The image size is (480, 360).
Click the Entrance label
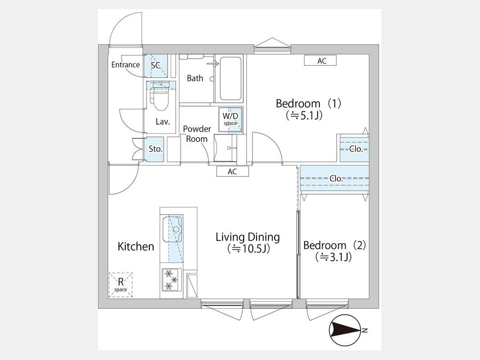125,65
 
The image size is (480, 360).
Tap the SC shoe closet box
156,66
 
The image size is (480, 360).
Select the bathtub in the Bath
230,78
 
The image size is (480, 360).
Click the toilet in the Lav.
161,97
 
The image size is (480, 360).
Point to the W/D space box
230,119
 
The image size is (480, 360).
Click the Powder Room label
197,134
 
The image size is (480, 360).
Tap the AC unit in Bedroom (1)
320,61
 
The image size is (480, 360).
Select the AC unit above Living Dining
233,171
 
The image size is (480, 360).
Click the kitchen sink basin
172,229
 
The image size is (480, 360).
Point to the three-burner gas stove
171,279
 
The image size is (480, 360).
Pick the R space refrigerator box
121,285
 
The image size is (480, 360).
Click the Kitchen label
136,246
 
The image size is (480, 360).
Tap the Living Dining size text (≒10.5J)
248,249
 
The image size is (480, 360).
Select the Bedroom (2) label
334,245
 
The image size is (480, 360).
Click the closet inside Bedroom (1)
355,149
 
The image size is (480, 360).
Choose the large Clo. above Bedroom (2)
334,179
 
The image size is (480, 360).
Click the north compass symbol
345,330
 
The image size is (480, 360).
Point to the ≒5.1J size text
303,115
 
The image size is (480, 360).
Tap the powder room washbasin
226,148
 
